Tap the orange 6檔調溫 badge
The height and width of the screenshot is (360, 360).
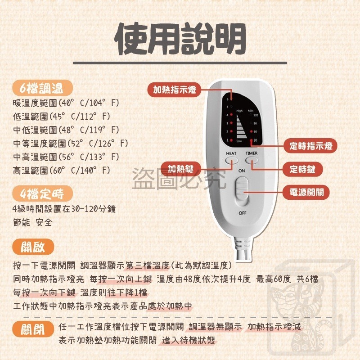tap(43, 87)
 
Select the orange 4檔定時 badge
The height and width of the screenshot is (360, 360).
tap(43, 194)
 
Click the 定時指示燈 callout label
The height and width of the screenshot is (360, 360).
tap(310, 146)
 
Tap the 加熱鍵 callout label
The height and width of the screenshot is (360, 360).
tap(180, 169)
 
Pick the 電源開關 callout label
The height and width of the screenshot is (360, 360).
tap(306, 193)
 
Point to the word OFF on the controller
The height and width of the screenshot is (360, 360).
tap(242, 212)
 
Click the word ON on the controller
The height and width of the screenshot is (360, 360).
tap(242, 171)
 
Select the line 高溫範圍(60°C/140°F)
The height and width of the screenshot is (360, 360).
tap(62, 171)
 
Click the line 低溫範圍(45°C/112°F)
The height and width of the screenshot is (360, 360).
tap(62, 117)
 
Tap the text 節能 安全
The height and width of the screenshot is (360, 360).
tap(33, 222)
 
